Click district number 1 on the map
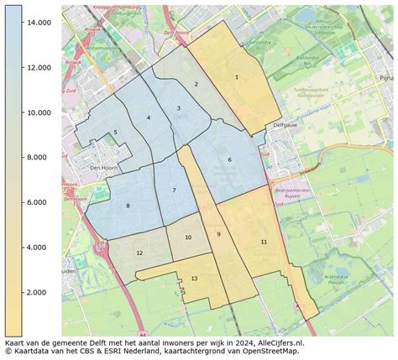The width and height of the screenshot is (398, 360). tap(237, 77)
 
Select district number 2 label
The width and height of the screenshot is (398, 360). tap(196, 84)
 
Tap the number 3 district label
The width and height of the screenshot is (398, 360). tap(178, 108)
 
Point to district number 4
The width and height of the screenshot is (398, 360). tap(148, 117)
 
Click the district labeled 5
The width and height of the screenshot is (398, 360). tap(115, 133)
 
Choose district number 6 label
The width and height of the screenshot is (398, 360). tap(228, 160)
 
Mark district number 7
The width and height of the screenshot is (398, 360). tap(174, 190)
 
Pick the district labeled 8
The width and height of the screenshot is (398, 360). tap(128, 206)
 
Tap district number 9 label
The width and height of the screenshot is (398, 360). tap(217, 234)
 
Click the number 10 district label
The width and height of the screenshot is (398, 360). tap(187, 237)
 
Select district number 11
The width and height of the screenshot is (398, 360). tap(263, 242)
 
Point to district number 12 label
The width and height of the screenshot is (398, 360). tap(139, 253)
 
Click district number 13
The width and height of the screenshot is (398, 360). tap(194, 278)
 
